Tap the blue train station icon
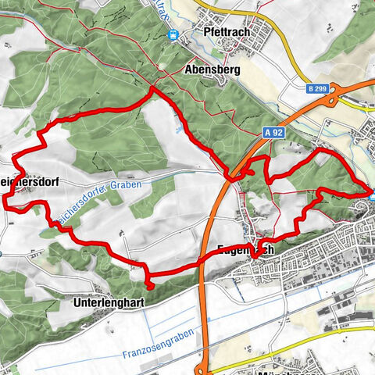[x=173, y=34]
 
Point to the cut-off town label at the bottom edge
[x=291, y=370]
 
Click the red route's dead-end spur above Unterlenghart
[x=150, y=286]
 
